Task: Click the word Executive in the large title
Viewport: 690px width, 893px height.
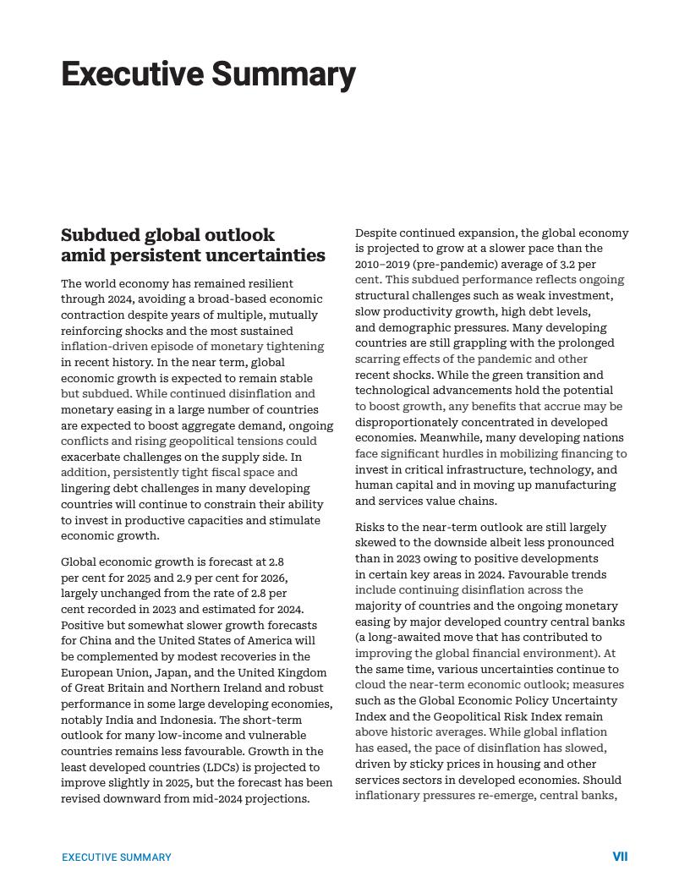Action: click(x=132, y=74)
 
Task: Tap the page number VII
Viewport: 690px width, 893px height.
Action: click(x=620, y=857)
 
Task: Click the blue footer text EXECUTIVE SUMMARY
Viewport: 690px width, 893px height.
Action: click(x=117, y=857)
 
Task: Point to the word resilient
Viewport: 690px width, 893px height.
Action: click(x=268, y=283)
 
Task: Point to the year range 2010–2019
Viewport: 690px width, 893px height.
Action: click(x=381, y=264)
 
